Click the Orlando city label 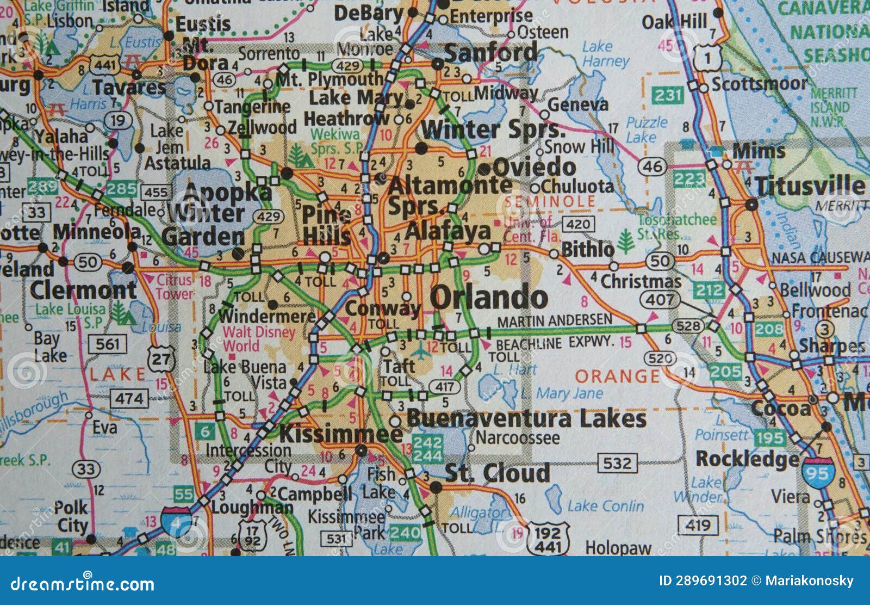click(x=489, y=298)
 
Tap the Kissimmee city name click(x=341, y=434)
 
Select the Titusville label click(x=810, y=186)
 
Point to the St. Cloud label click(x=497, y=473)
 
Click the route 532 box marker click(x=617, y=463)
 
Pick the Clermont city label click(x=83, y=290)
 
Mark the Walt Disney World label click(x=259, y=338)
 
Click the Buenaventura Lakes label click(x=526, y=419)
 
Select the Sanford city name click(x=491, y=53)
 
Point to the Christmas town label click(x=641, y=281)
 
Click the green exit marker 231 click(x=668, y=96)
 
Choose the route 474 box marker click(x=129, y=399)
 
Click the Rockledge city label click(x=747, y=459)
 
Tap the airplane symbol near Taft click(x=420, y=352)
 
